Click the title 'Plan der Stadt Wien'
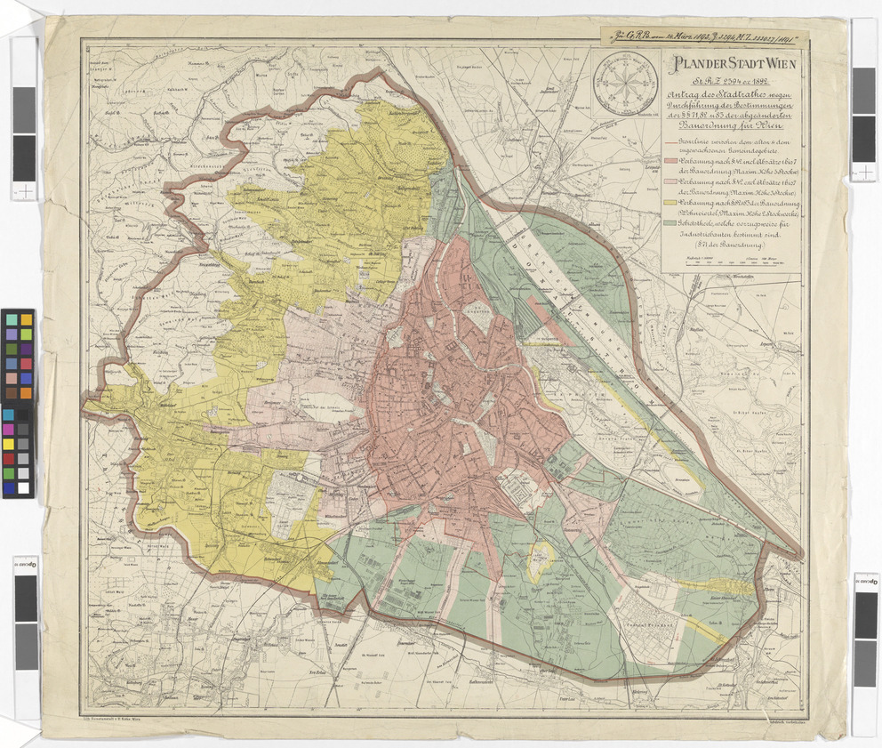pyautogui.click(x=733, y=65)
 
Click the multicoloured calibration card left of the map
pyautogui.click(x=18, y=403)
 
